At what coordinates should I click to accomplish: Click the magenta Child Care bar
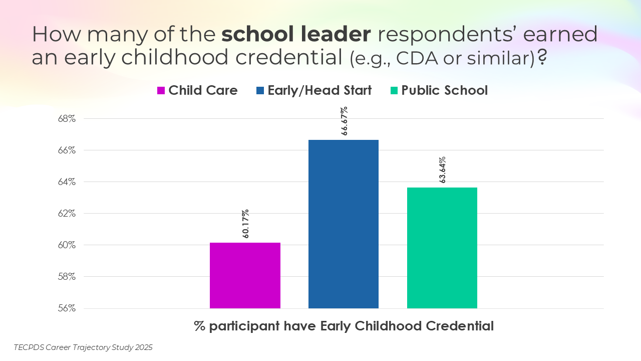pyautogui.click(x=245, y=275)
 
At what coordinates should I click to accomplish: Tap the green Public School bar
pyautogui.click(x=442, y=248)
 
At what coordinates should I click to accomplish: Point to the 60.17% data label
pyautogui.click(x=245, y=224)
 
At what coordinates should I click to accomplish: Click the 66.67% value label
pyautogui.click(x=344, y=121)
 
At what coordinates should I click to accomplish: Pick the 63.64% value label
pyautogui.click(x=442, y=169)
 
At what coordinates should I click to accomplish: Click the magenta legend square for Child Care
pyautogui.click(x=161, y=91)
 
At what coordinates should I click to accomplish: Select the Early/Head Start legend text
pyautogui.click(x=319, y=90)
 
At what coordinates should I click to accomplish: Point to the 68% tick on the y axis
pyautogui.click(x=66, y=119)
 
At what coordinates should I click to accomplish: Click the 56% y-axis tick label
pyautogui.click(x=66, y=308)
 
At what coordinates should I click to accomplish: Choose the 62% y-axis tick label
pyautogui.click(x=66, y=214)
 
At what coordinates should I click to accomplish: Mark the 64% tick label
pyautogui.click(x=66, y=182)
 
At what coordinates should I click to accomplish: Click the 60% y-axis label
pyautogui.click(x=66, y=245)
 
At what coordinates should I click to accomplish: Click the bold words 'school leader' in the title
pyautogui.click(x=296, y=34)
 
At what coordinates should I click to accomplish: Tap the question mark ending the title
pyautogui.click(x=541, y=57)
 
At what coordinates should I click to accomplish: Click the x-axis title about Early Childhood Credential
pyautogui.click(x=344, y=326)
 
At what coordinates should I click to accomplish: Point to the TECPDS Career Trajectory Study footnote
pyautogui.click(x=83, y=347)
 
